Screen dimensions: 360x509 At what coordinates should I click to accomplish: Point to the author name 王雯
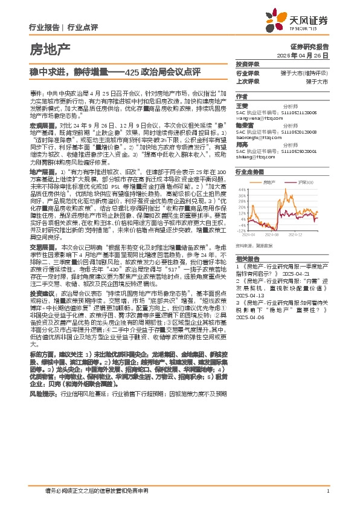(x=241, y=105)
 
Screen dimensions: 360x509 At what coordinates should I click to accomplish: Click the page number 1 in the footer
(x=327, y=490)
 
